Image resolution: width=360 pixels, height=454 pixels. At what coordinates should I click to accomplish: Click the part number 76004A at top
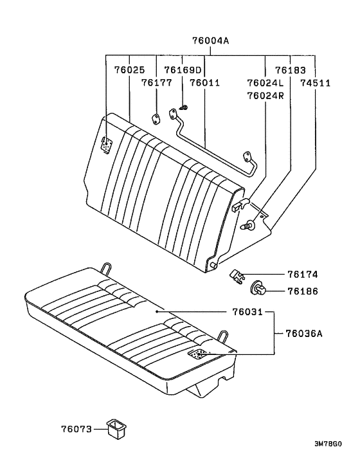click(x=210, y=40)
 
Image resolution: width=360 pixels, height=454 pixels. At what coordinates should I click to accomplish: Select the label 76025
click(x=129, y=70)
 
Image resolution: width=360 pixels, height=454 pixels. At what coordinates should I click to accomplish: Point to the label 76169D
click(x=183, y=70)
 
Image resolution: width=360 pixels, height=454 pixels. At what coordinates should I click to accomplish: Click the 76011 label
click(x=204, y=82)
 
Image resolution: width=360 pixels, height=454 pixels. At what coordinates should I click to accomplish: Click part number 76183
click(x=291, y=70)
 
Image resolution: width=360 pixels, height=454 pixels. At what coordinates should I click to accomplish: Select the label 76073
click(x=76, y=428)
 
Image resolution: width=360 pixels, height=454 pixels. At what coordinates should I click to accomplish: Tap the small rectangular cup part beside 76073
click(x=117, y=427)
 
